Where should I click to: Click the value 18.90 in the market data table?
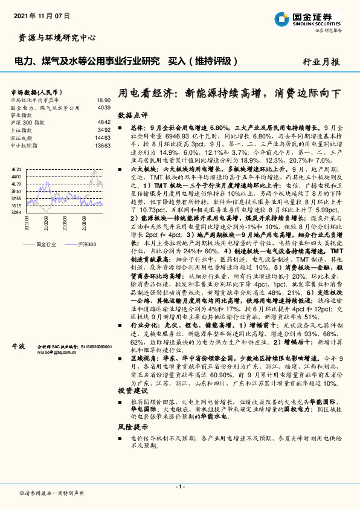point(103,100)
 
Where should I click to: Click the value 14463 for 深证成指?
point(102,138)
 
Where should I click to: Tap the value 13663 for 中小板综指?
point(102,146)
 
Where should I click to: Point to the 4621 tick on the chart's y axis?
point(16,169)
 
